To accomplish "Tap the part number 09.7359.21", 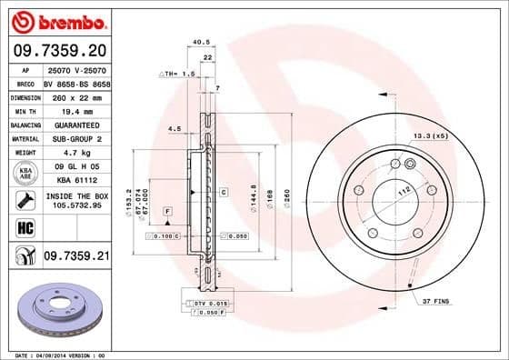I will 75,258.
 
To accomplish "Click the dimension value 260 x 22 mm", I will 75,95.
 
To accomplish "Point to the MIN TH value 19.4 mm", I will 75,109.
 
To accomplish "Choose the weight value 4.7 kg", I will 75,153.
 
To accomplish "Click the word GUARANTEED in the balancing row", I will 75,124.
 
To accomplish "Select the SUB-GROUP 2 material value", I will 75,138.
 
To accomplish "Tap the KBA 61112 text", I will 75,182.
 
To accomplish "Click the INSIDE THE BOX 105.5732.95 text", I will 75,201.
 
